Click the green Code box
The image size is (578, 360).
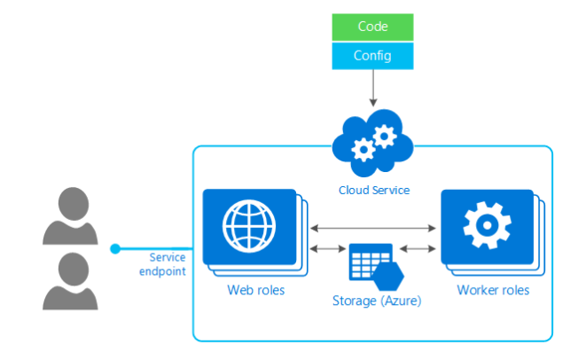click(372, 27)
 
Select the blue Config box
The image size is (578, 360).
click(372, 56)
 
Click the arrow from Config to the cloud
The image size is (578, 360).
click(372, 88)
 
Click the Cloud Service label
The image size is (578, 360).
click(374, 190)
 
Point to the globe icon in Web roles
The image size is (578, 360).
click(248, 226)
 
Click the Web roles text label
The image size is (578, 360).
click(256, 290)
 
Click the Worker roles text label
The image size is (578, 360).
click(493, 290)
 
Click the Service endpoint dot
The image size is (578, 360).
click(115, 248)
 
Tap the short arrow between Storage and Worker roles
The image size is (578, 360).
click(417, 249)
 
